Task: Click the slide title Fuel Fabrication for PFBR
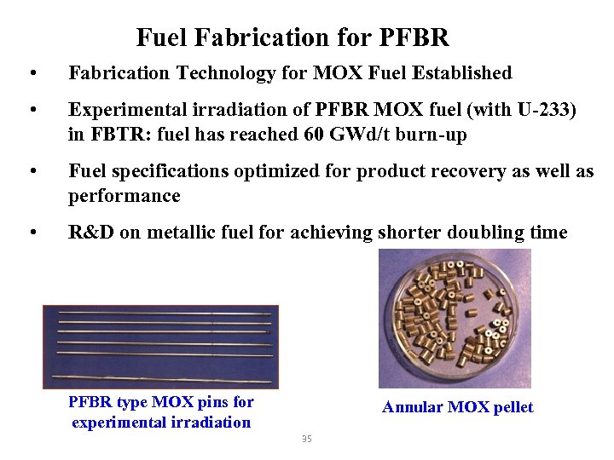coord(292,38)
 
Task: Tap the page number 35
coord(307,439)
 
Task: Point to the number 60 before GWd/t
coord(313,135)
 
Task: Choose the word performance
coord(125,196)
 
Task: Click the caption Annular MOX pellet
coord(457,407)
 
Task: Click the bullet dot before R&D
coord(32,233)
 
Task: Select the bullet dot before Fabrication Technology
coord(32,73)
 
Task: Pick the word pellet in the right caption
coord(511,407)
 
